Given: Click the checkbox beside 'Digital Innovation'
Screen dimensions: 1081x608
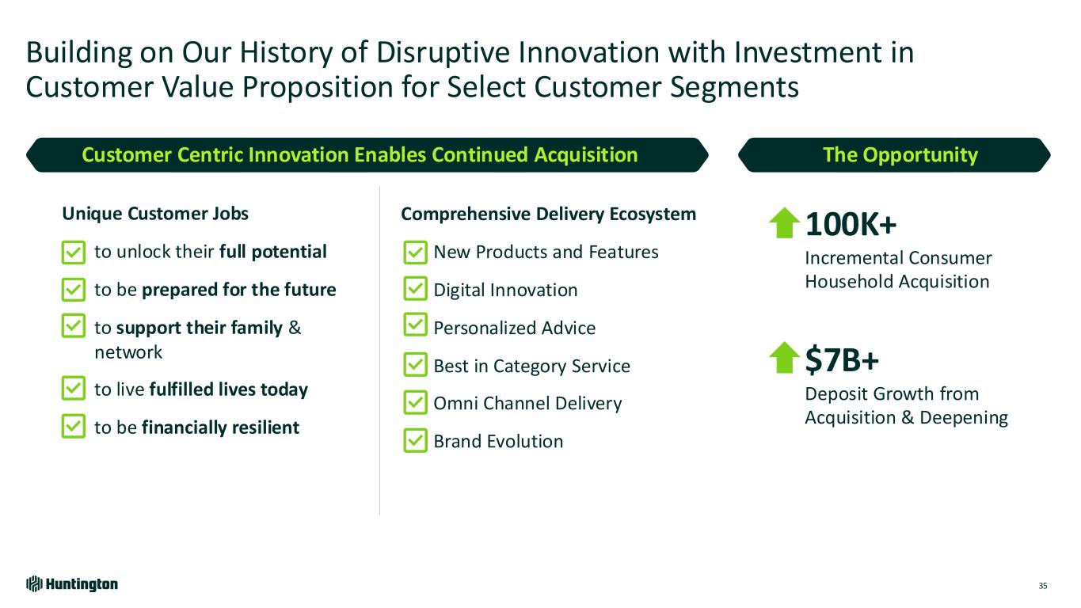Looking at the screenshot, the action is [x=415, y=288].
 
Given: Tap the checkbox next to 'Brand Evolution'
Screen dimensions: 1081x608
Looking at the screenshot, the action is [x=415, y=440].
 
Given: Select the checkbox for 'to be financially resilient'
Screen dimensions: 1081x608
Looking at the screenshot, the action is [x=74, y=426].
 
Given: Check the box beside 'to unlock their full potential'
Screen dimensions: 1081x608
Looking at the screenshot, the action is [x=74, y=253].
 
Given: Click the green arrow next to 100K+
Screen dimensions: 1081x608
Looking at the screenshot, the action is [x=784, y=223].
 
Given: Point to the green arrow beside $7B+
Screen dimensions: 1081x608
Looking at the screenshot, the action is [x=784, y=358].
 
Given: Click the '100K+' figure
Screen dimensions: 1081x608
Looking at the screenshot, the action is [x=851, y=224].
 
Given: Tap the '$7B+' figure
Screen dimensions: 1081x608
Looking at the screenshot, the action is [x=842, y=360].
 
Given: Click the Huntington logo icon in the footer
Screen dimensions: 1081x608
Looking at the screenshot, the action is [x=34, y=584].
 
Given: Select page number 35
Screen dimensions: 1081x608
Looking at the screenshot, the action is [x=1043, y=586].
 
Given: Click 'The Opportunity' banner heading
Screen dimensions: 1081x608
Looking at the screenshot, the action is [x=900, y=155].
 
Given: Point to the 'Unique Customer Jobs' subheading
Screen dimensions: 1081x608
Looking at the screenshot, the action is [x=155, y=213].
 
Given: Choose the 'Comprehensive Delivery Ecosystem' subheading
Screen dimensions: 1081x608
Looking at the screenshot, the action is [x=548, y=214].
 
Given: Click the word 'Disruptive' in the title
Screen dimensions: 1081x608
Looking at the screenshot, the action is [x=443, y=52].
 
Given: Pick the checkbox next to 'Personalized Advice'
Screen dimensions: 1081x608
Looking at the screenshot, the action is [x=415, y=325].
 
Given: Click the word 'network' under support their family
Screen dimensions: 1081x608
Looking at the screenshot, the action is [x=128, y=352].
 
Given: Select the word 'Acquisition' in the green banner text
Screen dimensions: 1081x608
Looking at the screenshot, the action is [x=586, y=155].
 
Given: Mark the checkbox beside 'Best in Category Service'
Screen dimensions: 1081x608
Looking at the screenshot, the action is [x=415, y=365].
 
